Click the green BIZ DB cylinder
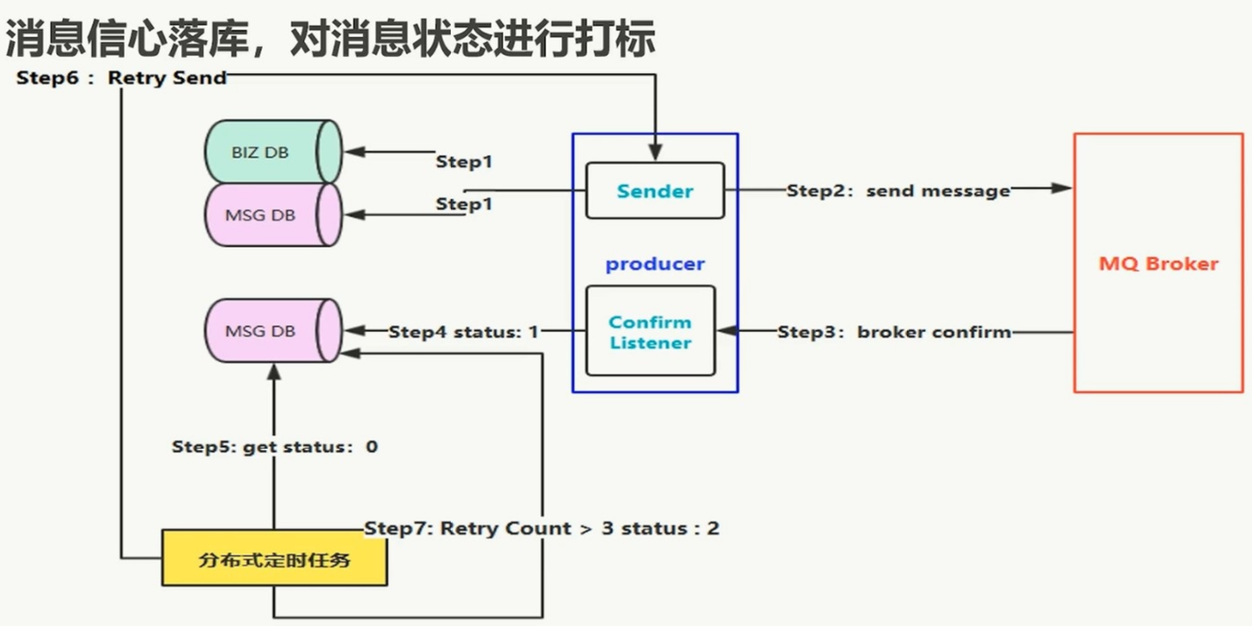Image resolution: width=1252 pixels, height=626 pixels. click(x=273, y=152)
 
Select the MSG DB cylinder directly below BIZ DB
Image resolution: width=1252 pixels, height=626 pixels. click(x=273, y=215)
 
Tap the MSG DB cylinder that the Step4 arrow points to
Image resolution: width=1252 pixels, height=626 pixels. click(x=273, y=331)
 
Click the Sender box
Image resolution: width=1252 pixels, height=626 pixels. click(x=655, y=191)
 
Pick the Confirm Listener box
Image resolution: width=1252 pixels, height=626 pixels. click(x=651, y=331)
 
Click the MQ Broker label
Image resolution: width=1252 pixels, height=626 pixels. click(x=1158, y=264)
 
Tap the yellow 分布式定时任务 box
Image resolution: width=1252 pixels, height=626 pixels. click(x=274, y=558)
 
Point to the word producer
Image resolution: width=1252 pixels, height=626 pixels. click(x=655, y=264)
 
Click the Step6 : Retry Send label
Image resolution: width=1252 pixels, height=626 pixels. click(x=121, y=78)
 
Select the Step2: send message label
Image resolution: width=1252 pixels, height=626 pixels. click(x=898, y=191)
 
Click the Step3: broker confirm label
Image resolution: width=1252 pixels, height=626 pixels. click(x=894, y=332)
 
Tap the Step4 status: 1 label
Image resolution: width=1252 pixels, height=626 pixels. click(x=463, y=332)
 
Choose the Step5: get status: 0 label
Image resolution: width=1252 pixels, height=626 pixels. click(x=274, y=446)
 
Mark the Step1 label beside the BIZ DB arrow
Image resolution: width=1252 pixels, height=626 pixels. click(x=464, y=162)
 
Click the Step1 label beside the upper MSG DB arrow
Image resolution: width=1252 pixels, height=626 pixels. click(x=464, y=204)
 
